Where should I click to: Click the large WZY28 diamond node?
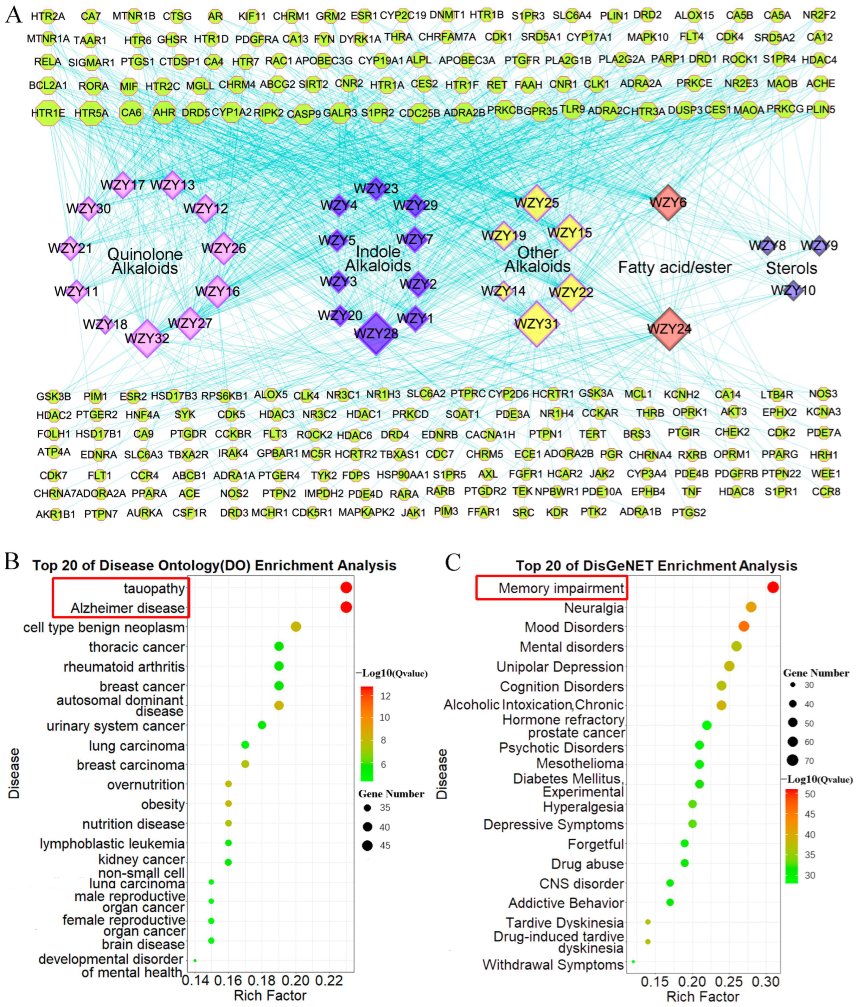point(376,334)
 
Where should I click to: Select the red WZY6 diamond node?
point(668,202)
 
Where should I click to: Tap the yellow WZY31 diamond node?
point(536,324)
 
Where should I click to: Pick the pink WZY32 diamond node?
point(147,338)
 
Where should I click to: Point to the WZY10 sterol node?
point(793,291)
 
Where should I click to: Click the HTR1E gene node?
point(48,113)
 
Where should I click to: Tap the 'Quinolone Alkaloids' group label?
point(145,261)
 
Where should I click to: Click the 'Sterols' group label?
point(792,268)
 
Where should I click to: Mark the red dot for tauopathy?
point(346,588)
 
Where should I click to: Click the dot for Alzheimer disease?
point(346,607)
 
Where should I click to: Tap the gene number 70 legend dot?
point(793,760)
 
